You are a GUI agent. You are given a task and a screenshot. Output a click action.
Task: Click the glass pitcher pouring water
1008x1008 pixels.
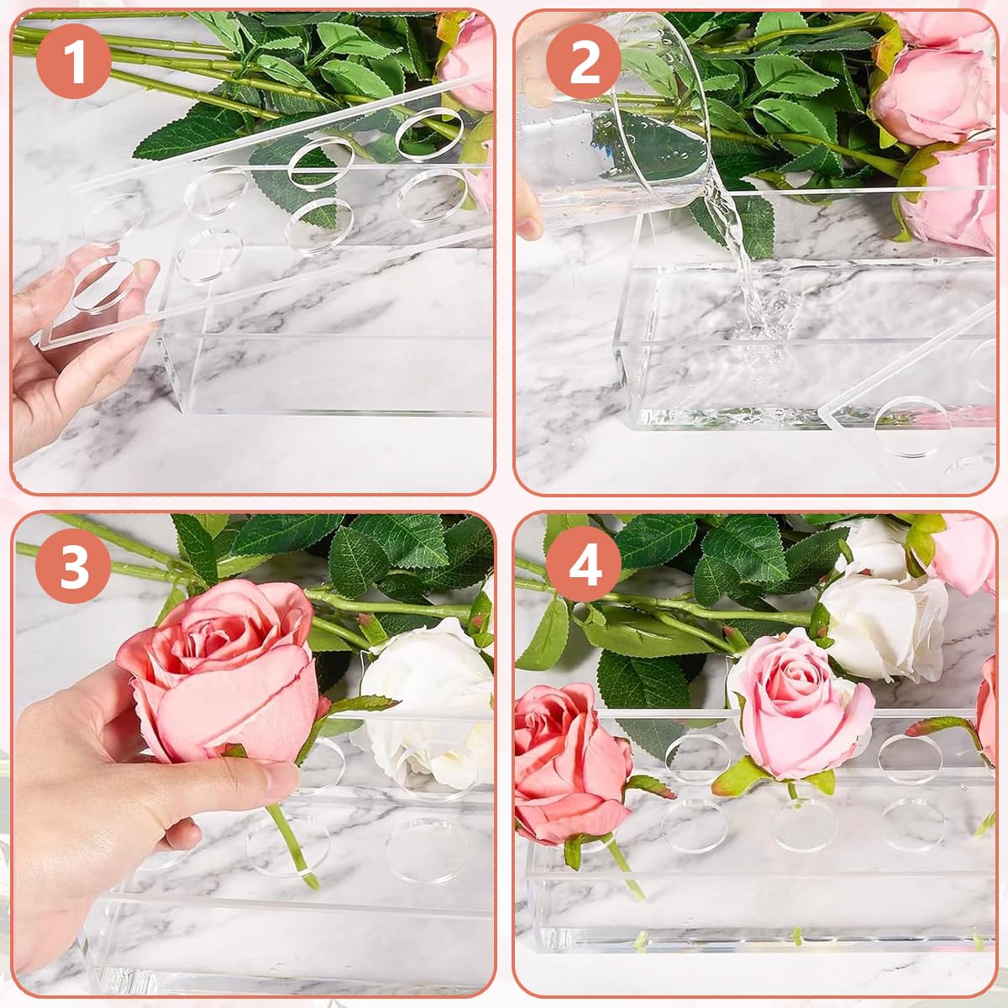(x=613, y=143)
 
